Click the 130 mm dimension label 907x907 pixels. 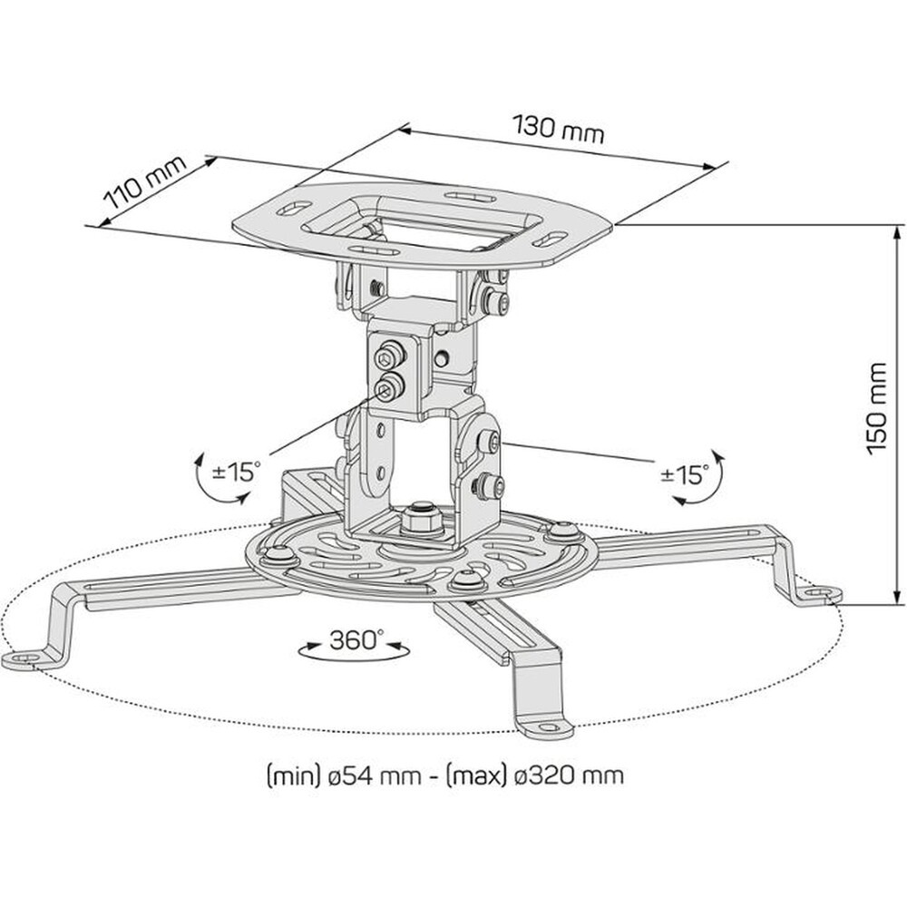(558, 129)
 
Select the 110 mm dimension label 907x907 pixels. (145, 183)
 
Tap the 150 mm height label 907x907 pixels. (877, 409)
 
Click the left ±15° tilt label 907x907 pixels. (236, 472)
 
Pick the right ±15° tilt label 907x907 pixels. (685, 475)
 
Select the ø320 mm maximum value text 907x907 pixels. (570, 775)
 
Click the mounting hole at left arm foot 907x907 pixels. (24, 658)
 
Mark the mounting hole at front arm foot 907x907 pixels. (544, 727)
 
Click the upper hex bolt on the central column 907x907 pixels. (387, 356)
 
